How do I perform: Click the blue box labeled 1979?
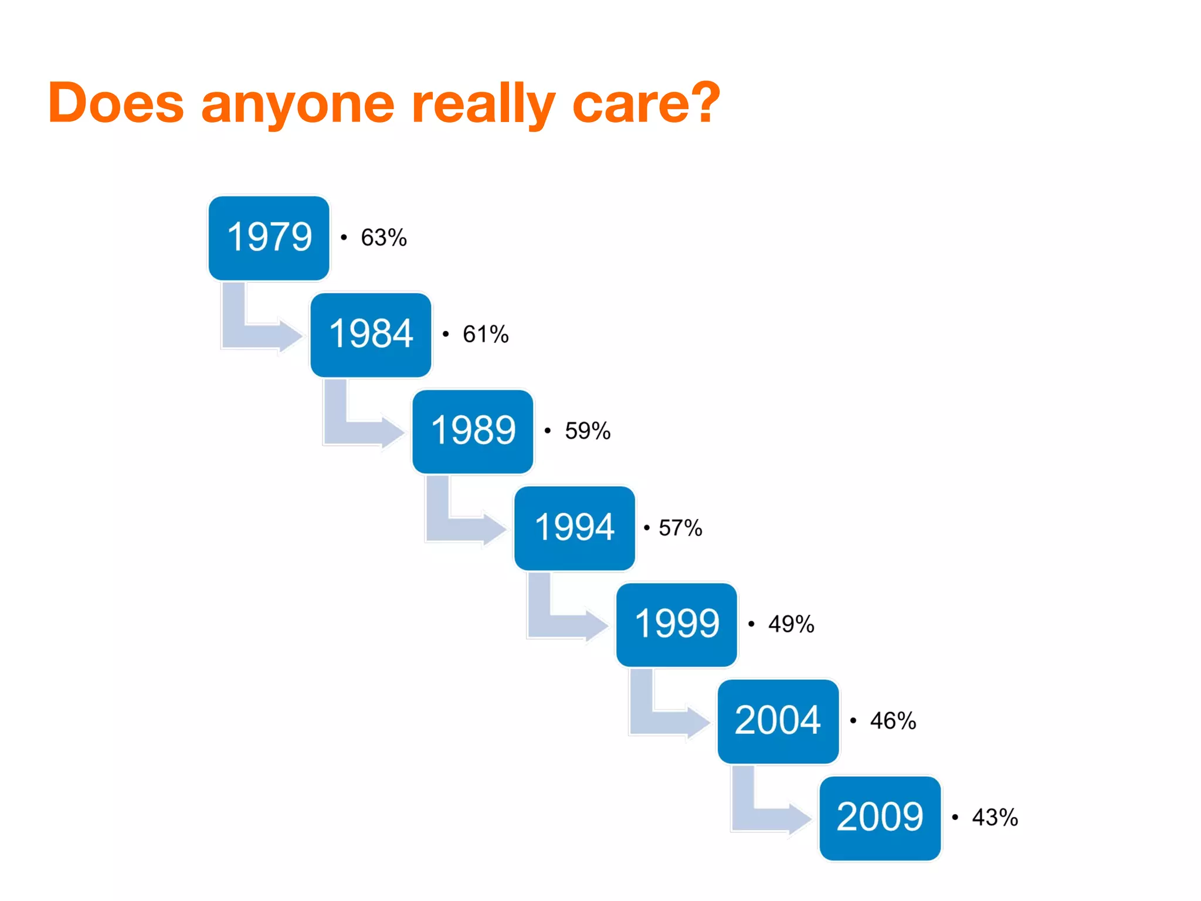269,238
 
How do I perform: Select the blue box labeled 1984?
371,334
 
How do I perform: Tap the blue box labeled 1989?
473,431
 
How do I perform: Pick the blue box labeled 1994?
575,527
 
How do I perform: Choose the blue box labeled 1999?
677,624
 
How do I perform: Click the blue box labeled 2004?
778,721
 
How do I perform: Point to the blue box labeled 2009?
880,818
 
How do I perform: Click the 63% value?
384,238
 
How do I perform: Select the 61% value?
486,334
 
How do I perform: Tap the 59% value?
588,431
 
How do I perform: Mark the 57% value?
680,528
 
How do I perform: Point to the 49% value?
791,624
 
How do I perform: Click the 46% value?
893,721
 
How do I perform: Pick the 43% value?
995,817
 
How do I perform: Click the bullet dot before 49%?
751,624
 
